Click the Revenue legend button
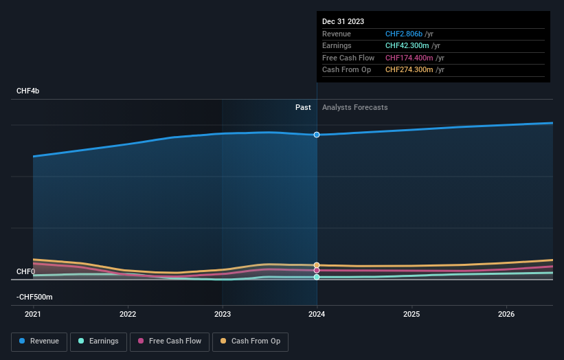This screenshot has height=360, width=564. (x=39, y=341)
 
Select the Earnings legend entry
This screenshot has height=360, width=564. (x=98, y=341)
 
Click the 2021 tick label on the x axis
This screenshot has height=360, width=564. (x=33, y=314)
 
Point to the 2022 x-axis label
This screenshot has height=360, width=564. (x=128, y=314)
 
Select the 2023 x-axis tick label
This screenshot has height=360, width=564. (x=222, y=314)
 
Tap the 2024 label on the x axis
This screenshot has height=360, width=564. (x=317, y=314)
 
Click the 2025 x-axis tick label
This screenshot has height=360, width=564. (x=411, y=314)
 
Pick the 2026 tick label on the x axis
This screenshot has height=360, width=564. (x=506, y=314)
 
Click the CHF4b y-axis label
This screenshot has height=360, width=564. (x=28, y=91)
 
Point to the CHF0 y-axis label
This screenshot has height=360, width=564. (x=25, y=272)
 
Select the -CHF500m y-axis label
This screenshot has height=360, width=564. (x=34, y=297)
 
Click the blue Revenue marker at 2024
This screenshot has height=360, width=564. (x=317, y=135)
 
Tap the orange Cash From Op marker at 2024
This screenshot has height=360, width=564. (x=317, y=265)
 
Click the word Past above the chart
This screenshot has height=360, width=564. (x=303, y=108)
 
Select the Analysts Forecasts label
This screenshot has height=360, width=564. (x=354, y=108)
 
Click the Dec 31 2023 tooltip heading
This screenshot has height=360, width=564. (x=343, y=21)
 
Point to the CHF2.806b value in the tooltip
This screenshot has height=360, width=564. (x=404, y=34)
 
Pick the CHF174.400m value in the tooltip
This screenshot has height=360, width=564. (x=409, y=58)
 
